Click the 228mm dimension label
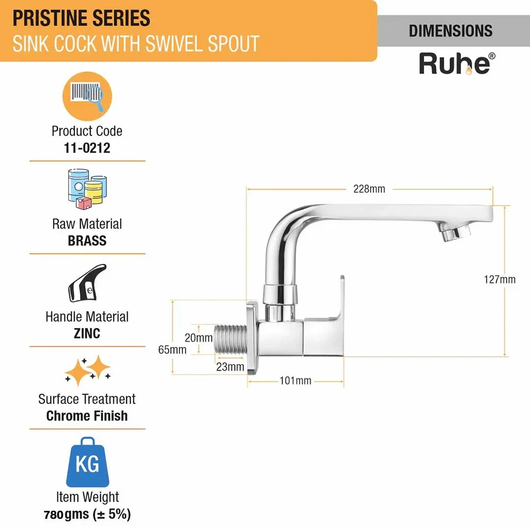pyautogui.click(x=369, y=189)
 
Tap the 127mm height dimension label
pyautogui.click(x=499, y=280)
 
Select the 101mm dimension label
pyautogui.click(x=295, y=381)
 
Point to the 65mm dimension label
pyautogui.click(x=172, y=349)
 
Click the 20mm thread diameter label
pyautogui.click(x=198, y=338)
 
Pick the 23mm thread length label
pyautogui.click(x=230, y=367)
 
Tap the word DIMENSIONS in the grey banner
pyautogui.click(x=450, y=31)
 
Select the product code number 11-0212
pyautogui.click(x=87, y=148)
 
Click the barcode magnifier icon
pyautogui.click(x=87, y=96)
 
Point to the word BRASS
pyautogui.click(x=87, y=240)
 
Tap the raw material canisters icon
pyautogui.click(x=87, y=189)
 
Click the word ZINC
pyautogui.click(x=87, y=334)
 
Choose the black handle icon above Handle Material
pyautogui.click(x=87, y=283)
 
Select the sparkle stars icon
pyautogui.click(x=88, y=371)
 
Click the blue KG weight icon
pyautogui.click(x=87, y=462)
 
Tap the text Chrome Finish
pyautogui.click(x=87, y=416)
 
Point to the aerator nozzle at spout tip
pyautogui.click(x=455, y=232)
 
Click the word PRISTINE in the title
pyautogui.click(x=50, y=18)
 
